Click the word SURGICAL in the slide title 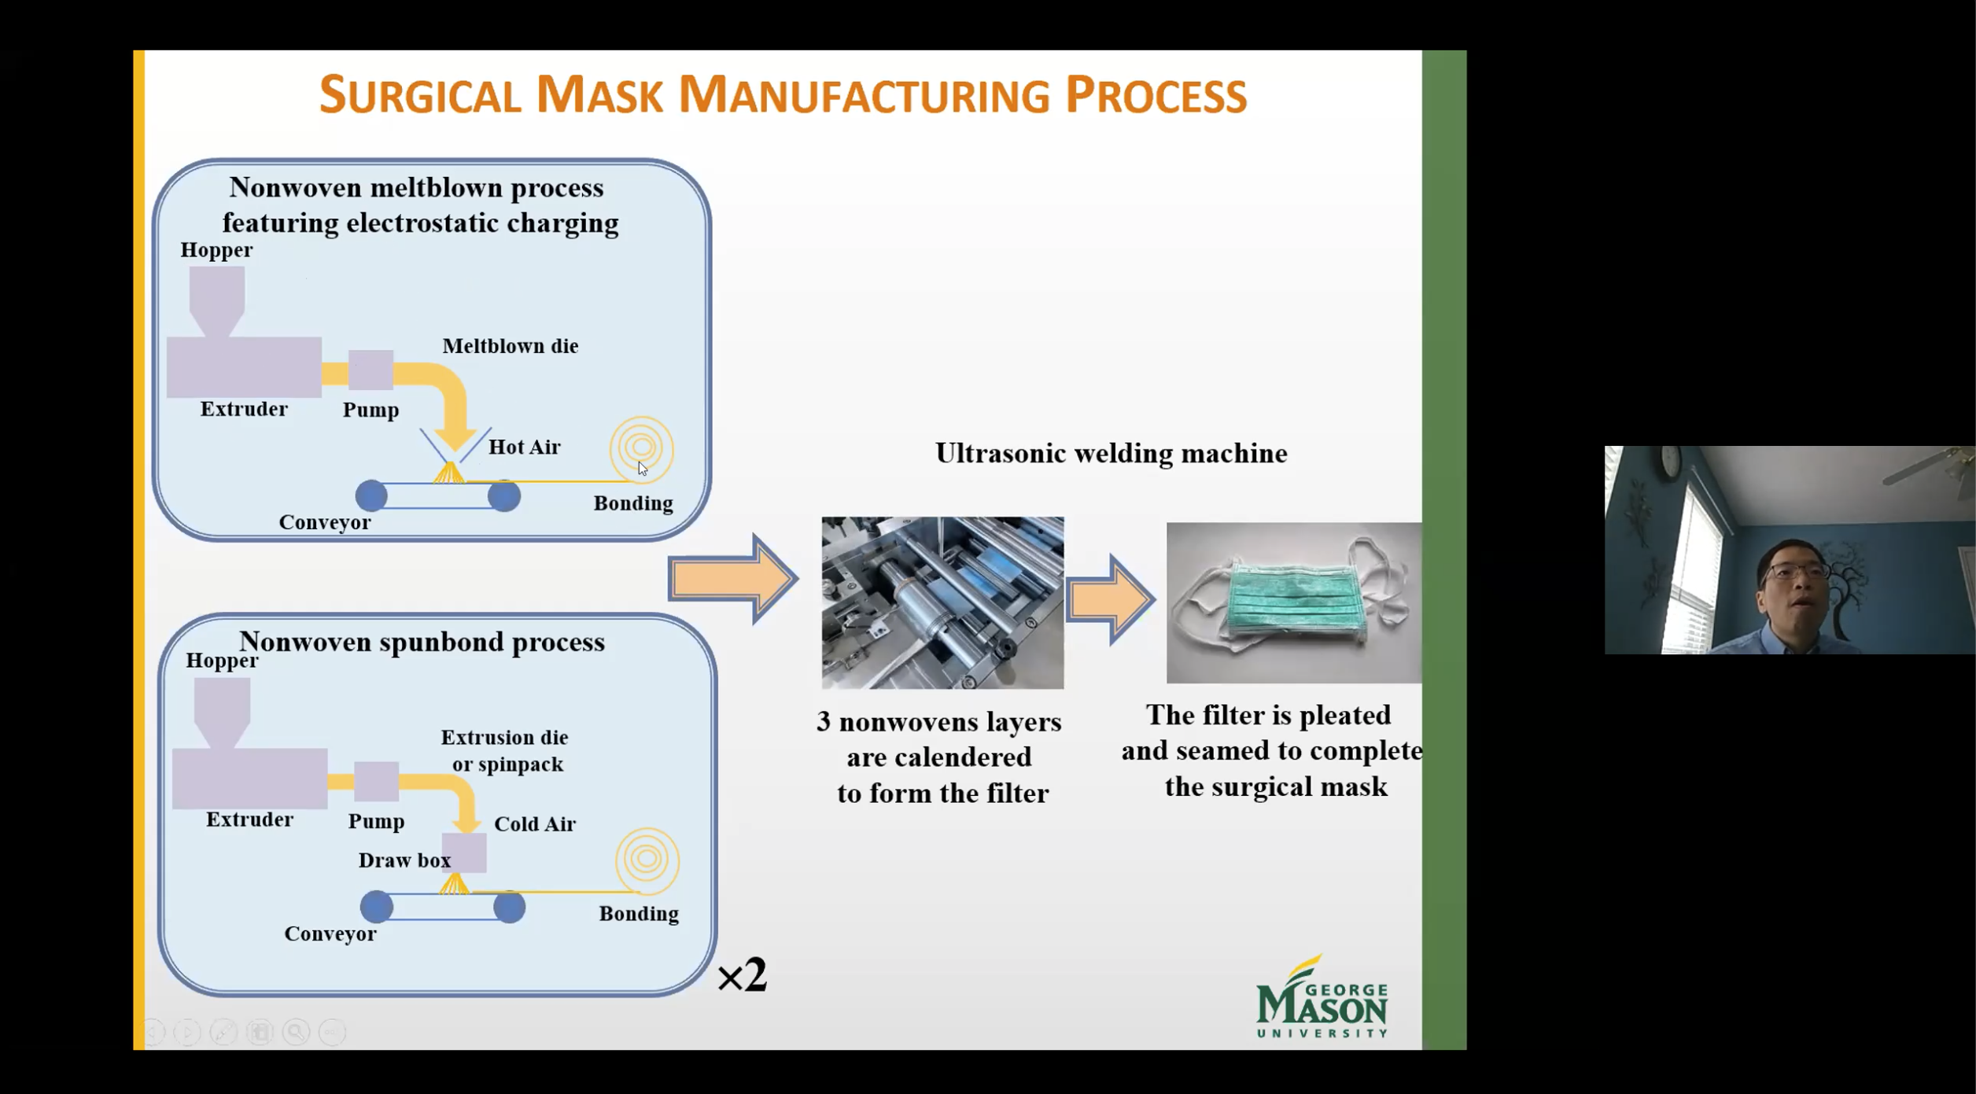coord(420,95)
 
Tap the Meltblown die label coord(511,346)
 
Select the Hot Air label coord(525,447)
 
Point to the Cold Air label coord(535,823)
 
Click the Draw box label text coord(404,860)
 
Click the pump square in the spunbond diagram coord(377,781)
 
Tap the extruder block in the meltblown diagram coord(244,367)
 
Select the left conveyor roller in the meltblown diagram coord(371,495)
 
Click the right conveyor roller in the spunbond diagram coord(510,907)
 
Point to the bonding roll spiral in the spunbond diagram coord(647,860)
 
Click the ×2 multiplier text coord(742,976)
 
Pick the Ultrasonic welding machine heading coord(1111,453)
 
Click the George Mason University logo coord(1322,996)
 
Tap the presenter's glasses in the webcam coord(1795,571)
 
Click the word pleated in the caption coord(1346,715)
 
